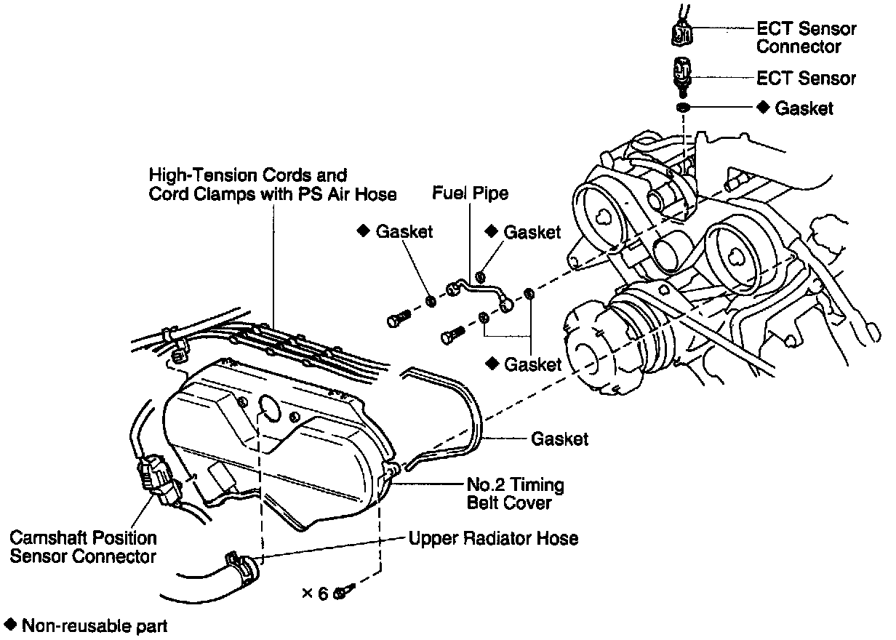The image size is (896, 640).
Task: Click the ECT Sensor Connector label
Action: [806, 38]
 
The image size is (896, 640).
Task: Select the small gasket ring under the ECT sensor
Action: [683, 108]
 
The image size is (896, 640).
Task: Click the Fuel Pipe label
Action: [470, 193]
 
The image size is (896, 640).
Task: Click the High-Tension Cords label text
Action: [247, 175]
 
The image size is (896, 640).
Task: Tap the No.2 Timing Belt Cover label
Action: [516, 493]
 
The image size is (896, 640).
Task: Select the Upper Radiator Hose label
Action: [493, 539]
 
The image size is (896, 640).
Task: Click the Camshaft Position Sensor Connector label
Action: [83, 548]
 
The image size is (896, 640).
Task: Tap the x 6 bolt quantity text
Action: [316, 593]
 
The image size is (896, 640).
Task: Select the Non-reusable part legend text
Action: [95, 625]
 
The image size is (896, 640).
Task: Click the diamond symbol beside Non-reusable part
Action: [10, 625]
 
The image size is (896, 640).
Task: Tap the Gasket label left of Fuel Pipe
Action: [404, 232]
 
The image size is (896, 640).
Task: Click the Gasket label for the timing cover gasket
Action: [559, 439]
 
